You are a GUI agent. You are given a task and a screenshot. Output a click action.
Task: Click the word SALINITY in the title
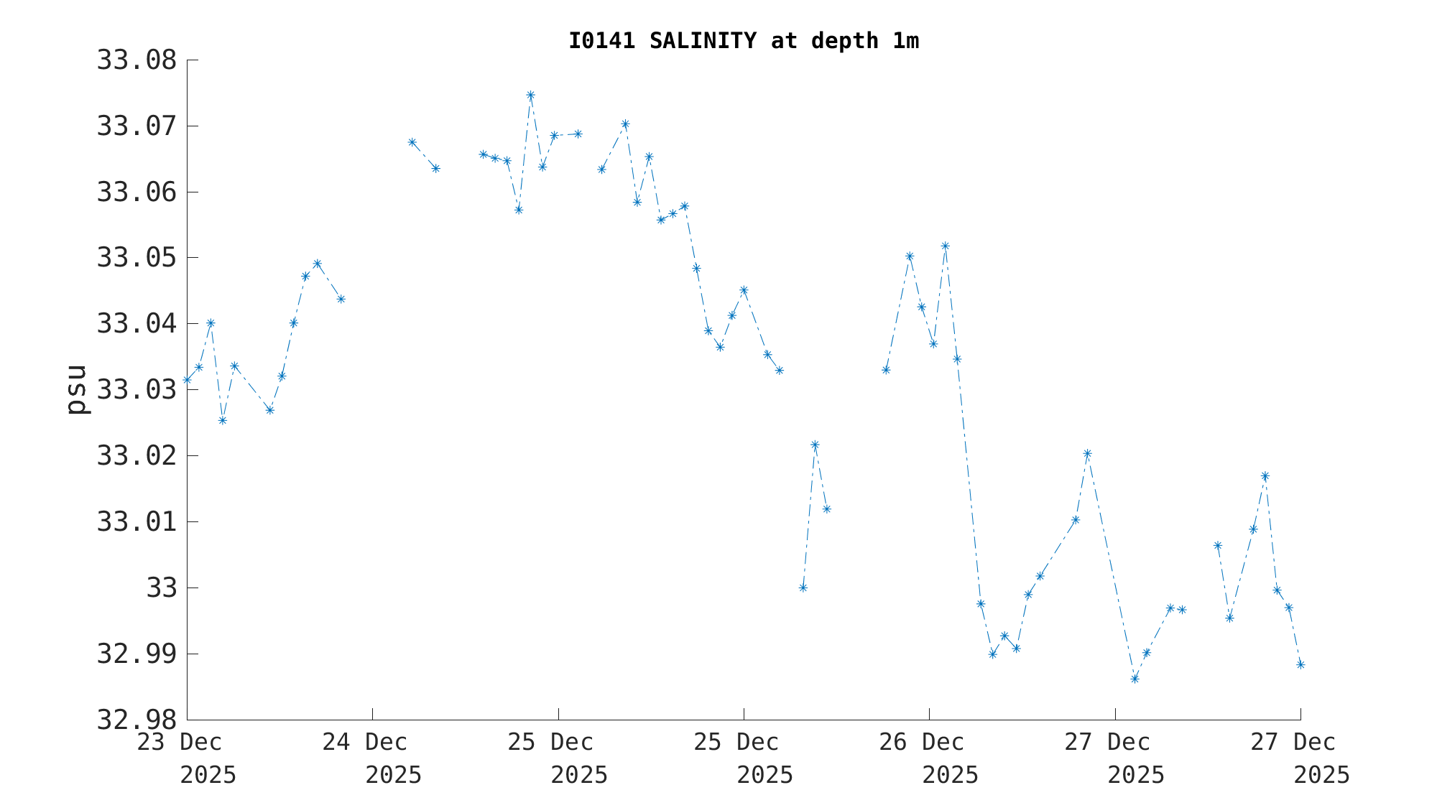pos(702,41)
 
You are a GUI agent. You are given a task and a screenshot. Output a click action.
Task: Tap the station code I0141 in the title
pos(601,41)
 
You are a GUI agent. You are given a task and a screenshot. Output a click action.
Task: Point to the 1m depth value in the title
pos(905,41)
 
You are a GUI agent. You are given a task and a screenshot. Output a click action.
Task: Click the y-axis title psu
pos(77,389)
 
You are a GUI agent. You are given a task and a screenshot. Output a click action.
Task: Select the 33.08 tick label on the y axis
pos(137,60)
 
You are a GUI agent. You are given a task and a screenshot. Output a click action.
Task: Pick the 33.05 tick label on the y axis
pos(137,258)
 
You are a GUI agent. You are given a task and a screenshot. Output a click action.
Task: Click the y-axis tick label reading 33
pos(162,588)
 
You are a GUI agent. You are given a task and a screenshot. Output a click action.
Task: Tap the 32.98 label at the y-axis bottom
pos(137,720)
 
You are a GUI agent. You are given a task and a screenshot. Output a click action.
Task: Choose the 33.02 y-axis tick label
pos(137,456)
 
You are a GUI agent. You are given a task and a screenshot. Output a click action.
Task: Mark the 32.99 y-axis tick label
pos(137,654)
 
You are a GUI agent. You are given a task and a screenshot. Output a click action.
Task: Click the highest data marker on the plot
pos(530,95)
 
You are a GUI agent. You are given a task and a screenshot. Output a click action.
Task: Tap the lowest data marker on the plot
pos(1135,679)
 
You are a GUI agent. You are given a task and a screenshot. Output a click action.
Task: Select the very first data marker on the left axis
pos(188,380)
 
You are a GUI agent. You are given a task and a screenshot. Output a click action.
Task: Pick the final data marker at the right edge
pos(1300,664)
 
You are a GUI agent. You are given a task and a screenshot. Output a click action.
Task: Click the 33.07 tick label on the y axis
pos(137,126)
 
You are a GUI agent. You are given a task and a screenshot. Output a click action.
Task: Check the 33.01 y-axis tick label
pos(137,522)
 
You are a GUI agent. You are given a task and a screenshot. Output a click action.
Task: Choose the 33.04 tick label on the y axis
pos(137,324)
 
